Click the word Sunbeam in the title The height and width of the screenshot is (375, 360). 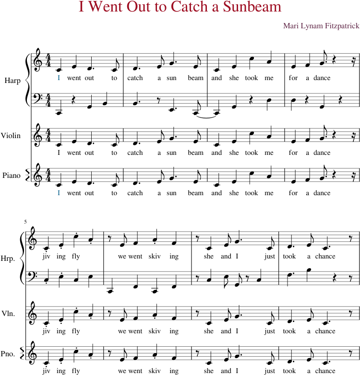tap(252, 6)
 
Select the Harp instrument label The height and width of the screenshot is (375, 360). tap(12, 81)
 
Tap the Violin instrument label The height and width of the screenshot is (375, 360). tap(11, 136)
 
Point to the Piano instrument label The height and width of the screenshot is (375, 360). tap(11, 176)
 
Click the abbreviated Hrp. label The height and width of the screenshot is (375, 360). tap(8, 258)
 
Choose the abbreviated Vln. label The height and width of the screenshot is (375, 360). tap(8, 314)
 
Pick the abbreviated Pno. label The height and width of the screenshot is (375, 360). tap(8, 353)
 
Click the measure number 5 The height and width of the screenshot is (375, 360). tap(25, 222)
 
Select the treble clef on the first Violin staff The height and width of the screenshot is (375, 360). tap(38, 135)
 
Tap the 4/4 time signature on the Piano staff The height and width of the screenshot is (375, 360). tap(48, 175)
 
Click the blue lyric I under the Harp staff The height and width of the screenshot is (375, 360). tap(59, 78)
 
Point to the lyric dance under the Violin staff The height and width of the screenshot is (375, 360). tap(322, 152)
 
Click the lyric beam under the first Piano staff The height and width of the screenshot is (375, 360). tap(195, 193)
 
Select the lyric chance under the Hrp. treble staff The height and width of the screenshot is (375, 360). tap(325, 256)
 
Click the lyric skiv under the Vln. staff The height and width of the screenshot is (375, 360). tap(155, 331)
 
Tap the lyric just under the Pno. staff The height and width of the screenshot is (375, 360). tap(270, 371)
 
